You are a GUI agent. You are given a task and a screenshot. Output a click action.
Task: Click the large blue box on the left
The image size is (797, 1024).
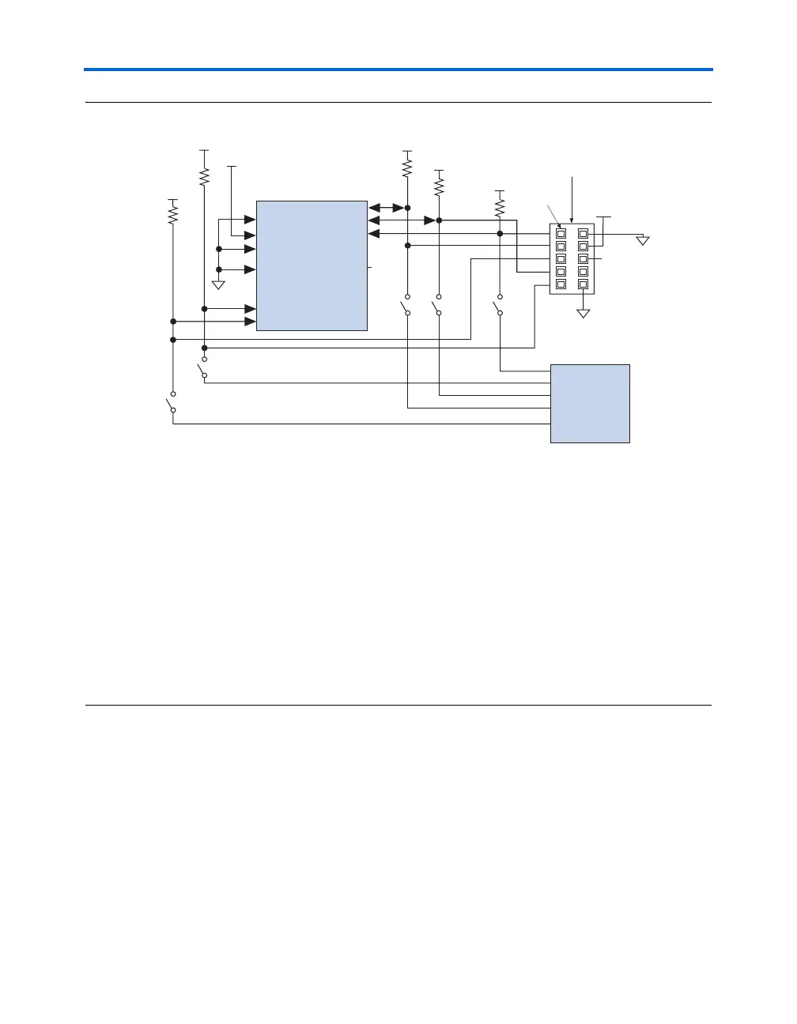312,265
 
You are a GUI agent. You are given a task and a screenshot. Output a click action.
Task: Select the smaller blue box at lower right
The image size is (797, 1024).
590,403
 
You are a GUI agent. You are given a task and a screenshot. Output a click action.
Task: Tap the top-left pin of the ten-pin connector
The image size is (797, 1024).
561,233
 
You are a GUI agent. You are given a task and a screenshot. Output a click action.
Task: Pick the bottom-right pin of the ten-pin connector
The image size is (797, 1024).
583,284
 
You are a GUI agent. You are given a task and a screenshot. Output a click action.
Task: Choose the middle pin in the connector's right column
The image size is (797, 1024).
583,258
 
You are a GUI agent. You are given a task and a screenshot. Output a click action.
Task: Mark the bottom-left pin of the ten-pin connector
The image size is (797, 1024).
561,284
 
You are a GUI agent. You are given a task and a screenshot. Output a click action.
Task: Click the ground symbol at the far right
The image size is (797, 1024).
643,239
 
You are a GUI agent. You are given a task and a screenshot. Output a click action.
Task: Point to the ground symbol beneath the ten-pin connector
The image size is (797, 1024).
584,313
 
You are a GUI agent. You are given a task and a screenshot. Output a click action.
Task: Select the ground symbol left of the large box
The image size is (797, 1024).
219,284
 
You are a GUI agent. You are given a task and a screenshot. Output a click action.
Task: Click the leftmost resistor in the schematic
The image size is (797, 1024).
172,213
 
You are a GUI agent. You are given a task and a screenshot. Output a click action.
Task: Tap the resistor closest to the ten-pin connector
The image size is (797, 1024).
500,207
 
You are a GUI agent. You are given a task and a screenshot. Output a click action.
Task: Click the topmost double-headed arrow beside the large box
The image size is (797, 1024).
387,208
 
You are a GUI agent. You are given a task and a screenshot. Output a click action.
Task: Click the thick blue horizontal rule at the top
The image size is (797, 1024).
398,70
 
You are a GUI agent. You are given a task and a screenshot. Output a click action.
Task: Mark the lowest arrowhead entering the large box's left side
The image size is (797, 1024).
250,322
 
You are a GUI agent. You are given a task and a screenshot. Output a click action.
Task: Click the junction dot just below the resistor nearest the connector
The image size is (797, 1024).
500,233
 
